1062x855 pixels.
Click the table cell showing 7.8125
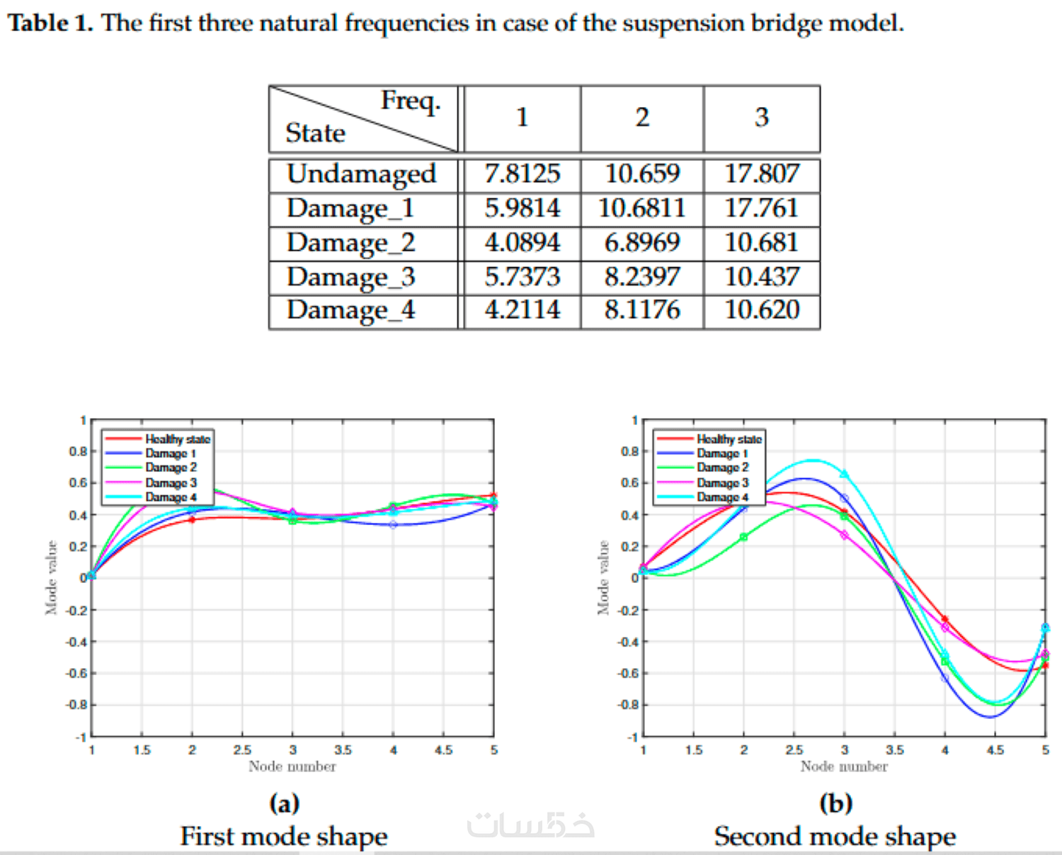[522, 174]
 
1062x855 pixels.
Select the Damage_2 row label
[350, 243]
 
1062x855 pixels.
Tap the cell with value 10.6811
[641, 208]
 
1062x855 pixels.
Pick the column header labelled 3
[761, 118]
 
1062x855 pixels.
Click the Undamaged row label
[361, 174]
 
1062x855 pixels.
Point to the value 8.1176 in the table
[641, 310]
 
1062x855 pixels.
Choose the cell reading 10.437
[761, 276]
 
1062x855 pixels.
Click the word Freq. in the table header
[411, 101]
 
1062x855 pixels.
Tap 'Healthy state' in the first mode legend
[177, 439]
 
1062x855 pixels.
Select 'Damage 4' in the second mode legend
[722, 497]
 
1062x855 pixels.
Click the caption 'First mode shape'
[283, 837]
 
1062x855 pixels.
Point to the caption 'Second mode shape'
[835, 837]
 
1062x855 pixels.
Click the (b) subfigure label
[835, 803]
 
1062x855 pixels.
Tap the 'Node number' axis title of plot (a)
[292, 766]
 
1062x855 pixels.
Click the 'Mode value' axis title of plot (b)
[603, 577]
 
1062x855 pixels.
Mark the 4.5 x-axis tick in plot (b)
[995, 750]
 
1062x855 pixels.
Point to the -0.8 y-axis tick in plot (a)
[76, 705]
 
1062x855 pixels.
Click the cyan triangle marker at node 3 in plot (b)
[844, 474]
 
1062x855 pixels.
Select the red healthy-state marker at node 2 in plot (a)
[192, 520]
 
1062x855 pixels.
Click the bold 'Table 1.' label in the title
[50, 23]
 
